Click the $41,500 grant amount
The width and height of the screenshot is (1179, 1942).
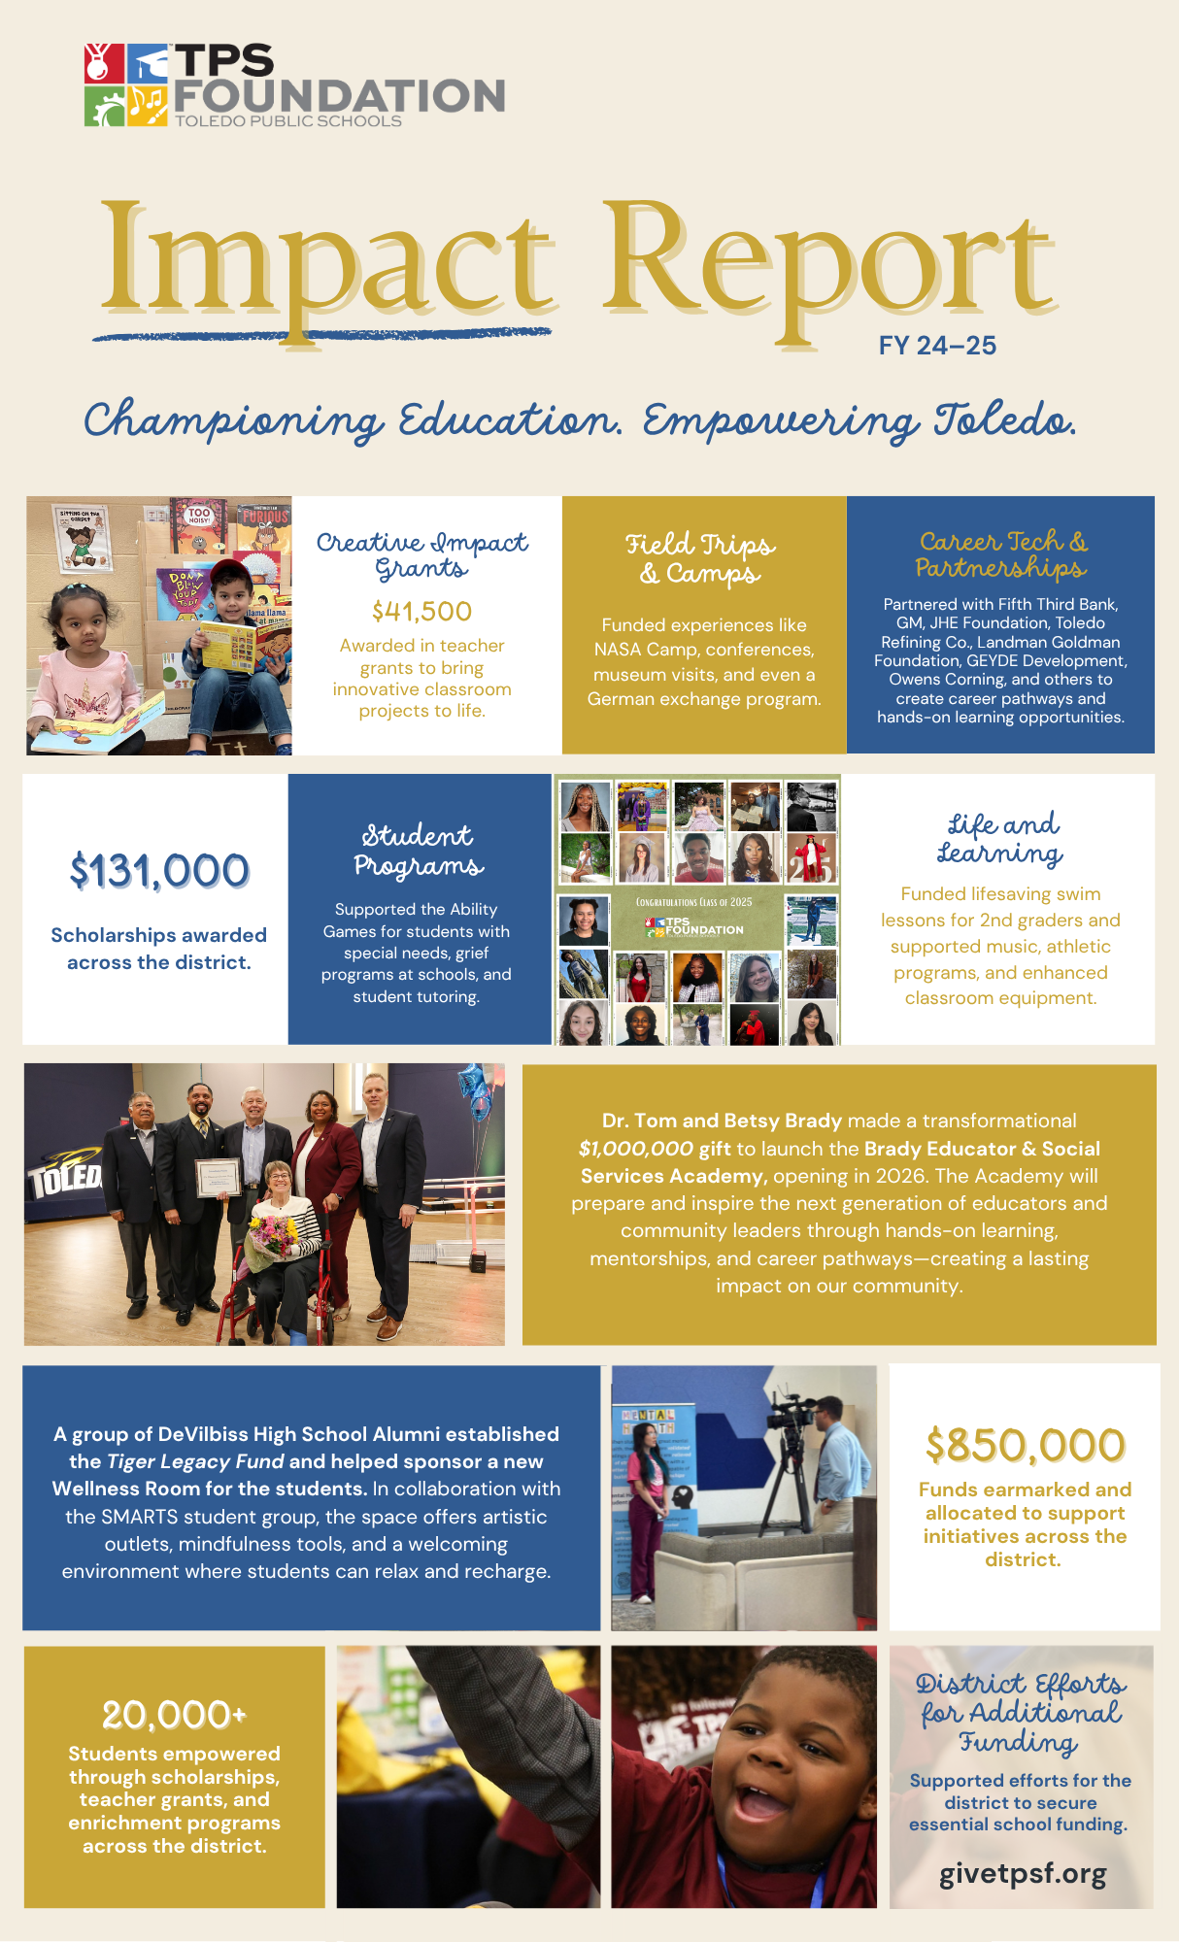[421, 612]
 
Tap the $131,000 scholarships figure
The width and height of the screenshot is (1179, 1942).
[159, 871]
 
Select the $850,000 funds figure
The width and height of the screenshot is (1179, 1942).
[1025, 1446]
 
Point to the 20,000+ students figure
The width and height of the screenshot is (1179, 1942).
[174, 1715]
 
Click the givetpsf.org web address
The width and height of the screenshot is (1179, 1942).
[1023, 1874]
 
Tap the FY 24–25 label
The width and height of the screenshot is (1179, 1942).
[937, 346]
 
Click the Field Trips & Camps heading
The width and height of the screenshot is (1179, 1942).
[700, 558]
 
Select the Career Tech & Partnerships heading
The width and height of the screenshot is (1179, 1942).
[1001, 554]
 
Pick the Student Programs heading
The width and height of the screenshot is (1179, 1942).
[419, 851]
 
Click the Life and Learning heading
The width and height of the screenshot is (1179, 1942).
[1000, 839]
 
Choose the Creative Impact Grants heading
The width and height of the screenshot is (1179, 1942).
[421, 555]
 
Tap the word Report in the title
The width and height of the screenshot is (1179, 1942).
[827, 262]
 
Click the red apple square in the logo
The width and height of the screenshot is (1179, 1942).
[103, 64]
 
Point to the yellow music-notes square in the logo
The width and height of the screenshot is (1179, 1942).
[148, 106]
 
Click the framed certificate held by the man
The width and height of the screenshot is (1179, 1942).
[219, 1178]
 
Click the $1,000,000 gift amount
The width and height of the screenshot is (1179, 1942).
[635, 1149]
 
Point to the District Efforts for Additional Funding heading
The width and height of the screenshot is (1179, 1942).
[1022, 1713]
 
